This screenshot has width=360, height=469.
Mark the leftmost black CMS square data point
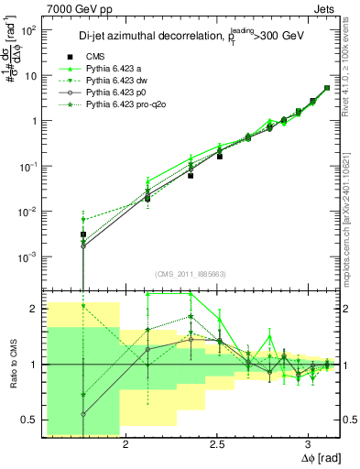(83, 235)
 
